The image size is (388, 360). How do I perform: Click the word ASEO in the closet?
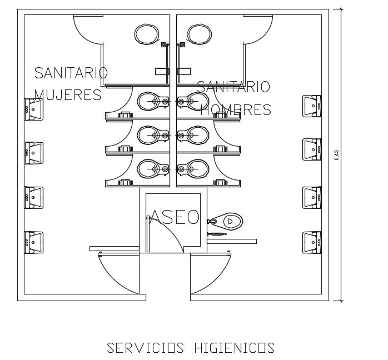click(175, 217)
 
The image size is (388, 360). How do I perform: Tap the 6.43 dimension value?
click(337, 155)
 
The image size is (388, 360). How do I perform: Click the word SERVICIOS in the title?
click(145, 348)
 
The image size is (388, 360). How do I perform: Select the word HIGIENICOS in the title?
click(234, 348)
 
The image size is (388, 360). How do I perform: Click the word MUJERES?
click(68, 94)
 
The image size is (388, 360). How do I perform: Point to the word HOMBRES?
click(236, 110)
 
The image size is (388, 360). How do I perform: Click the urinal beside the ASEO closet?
click(228, 222)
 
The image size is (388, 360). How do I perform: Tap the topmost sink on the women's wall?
click(33, 109)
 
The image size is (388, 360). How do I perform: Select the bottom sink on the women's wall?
click(33, 242)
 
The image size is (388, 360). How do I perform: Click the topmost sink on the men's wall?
click(312, 106)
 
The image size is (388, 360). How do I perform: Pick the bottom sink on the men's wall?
click(312, 242)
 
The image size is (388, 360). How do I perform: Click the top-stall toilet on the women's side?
click(152, 101)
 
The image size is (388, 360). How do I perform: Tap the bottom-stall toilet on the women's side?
click(152, 168)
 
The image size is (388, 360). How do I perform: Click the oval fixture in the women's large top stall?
click(146, 34)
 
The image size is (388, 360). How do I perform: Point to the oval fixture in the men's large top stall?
click(199, 34)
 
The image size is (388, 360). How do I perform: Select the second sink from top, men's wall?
click(312, 149)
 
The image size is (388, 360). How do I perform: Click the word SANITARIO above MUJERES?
click(71, 73)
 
